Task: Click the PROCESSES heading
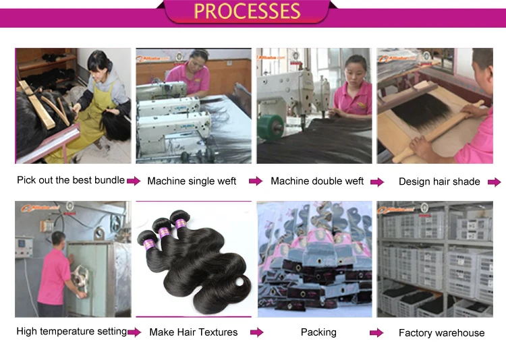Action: tap(247, 11)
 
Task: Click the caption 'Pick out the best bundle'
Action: tap(71, 180)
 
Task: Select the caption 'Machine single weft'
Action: tap(192, 181)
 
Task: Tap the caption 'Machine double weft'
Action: tap(317, 181)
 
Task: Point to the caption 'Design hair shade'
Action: tap(439, 181)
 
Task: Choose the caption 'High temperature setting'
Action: tap(72, 331)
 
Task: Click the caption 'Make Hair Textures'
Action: tap(194, 332)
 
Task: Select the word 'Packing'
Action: tap(317, 332)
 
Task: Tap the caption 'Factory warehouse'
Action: tap(441, 332)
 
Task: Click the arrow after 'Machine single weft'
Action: tap(256, 181)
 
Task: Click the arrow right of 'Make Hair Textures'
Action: tap(256, 332)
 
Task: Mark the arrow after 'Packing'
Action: tap(376, 332)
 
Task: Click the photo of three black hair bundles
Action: tap(194, 260)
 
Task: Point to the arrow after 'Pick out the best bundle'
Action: tap(134, 181)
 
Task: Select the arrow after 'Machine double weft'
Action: tap(376, 181)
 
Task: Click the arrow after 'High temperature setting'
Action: tap(134, 332)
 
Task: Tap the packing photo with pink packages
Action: tap(314, 260)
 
